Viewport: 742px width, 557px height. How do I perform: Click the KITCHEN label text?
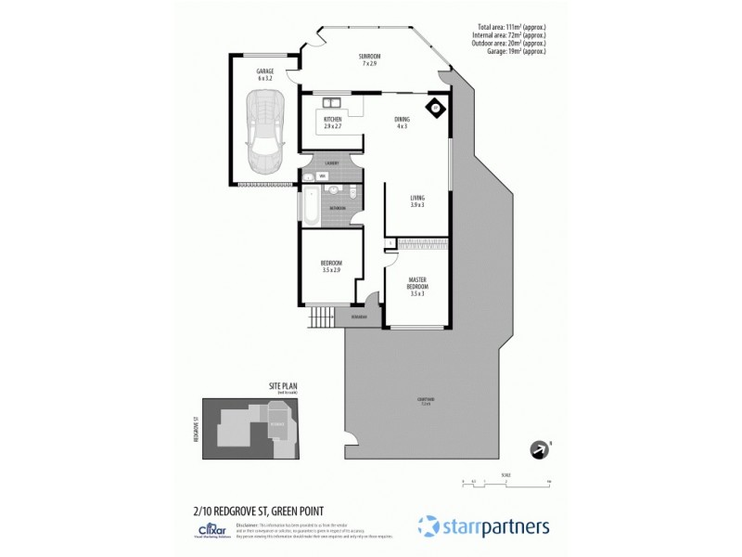(333, 121)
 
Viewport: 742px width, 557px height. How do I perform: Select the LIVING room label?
(417, 201)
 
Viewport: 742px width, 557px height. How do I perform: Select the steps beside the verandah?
(320, 317)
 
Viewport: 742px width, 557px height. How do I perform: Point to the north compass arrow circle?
(537, 450)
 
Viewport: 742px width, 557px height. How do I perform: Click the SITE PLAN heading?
(283, 387)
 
